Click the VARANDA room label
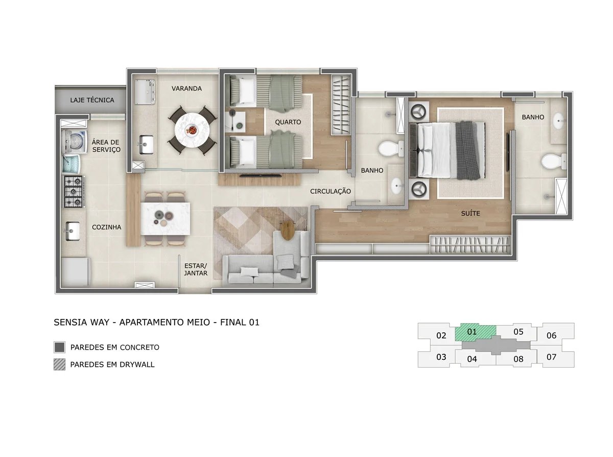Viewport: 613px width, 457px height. (186, 88)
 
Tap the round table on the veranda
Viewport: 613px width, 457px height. (192, 131)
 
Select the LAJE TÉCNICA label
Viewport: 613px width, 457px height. (92, 100)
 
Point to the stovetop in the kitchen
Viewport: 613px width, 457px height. (74, 191)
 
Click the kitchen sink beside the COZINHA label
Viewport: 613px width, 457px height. (72, 231)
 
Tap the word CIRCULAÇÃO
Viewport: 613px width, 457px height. (331, 191)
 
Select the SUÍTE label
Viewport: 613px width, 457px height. (470, 213)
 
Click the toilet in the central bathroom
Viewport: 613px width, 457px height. (389, 149)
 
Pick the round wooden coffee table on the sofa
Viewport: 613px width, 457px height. (288, 231)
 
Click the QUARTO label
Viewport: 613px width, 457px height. (288, 122)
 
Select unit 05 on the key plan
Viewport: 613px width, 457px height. (518, 332)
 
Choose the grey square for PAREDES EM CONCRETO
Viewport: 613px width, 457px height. (59, 348)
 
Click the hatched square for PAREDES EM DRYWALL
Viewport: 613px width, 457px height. (59, 364)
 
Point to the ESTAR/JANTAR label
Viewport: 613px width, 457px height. (196, 269)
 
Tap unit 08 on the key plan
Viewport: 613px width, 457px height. (518, 358)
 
